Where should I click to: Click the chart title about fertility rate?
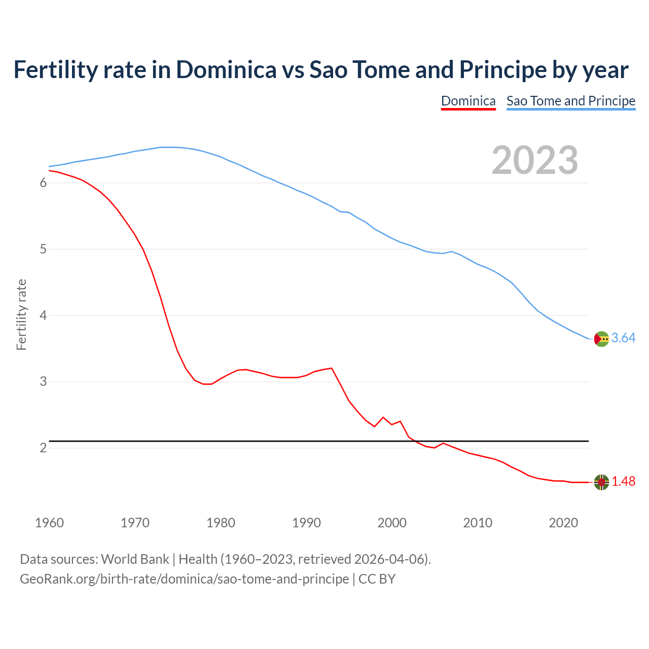[x=320, y=70]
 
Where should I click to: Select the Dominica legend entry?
[x=468, y=101]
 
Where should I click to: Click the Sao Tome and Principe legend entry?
[x=570, y=101]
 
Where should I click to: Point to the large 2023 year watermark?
[x=534, y=160]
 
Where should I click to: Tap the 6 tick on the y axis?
[x=43, y=183]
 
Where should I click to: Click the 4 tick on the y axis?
[x=43, y=316]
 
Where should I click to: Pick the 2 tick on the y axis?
[x=43, y=448]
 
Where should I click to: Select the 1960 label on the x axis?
[x=49, y=523]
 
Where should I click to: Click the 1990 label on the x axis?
[x=306, y=523]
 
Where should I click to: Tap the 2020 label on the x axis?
[x=563, y=523]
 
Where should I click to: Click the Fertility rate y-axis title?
[x=21, y=314]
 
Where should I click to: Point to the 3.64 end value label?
[x=623, y=338]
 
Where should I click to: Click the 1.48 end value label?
[x=623, y=482]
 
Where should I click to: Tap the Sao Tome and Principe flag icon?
[x=601, y=339]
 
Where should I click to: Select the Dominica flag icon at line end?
[x=601, y=482]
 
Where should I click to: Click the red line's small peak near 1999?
[x=383, y=417]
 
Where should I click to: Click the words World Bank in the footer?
[x=135, y=559]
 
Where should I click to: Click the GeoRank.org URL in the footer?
[x=184, y=579]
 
